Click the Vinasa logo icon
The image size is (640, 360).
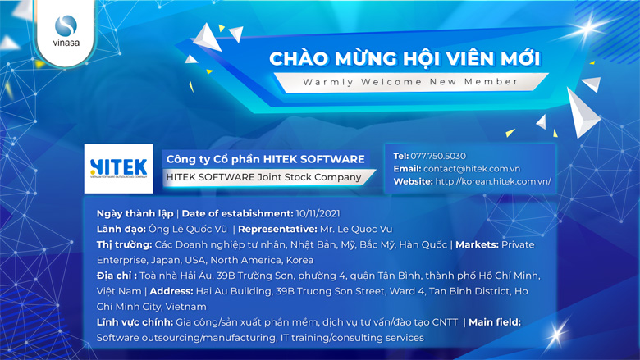(x=66, y=28)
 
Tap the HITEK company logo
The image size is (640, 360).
(x=119, y=168)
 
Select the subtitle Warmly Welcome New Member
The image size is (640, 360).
(x=410, y=82)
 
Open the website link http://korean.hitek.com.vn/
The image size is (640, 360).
(x=493, y=181)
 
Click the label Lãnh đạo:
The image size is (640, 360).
(x=123, y=229)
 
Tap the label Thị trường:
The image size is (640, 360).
(x=124, y=244)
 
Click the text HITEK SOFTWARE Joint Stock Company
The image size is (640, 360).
(x=263, y=177)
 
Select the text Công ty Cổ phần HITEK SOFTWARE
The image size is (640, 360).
(x=265, y=158)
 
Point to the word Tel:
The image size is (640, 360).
(x=401, y=156)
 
